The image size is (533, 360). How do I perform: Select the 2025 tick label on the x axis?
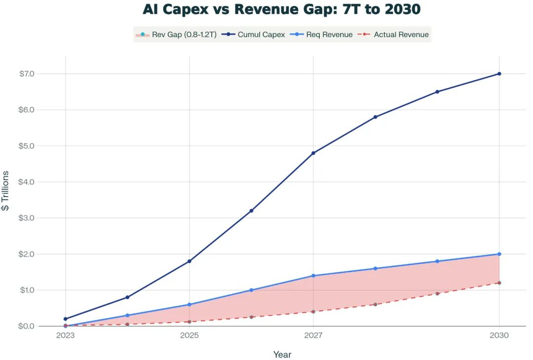[189, 336]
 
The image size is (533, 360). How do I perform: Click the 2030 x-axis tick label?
[499, 336]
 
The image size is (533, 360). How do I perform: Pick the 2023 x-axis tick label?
[65, 336]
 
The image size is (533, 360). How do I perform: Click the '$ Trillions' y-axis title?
[5, 191]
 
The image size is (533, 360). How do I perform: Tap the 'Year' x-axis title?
[282, 355]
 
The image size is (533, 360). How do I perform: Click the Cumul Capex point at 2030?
[499, 74]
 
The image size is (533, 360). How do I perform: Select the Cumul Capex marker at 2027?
[313, 153]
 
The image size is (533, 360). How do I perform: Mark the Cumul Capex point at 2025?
[190, 261]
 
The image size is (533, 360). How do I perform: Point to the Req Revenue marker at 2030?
[499, 254]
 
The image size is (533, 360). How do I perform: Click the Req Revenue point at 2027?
[313, 276]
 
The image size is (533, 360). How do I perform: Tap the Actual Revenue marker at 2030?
[499, 282]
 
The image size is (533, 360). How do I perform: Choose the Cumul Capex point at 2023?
[65, 319]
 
